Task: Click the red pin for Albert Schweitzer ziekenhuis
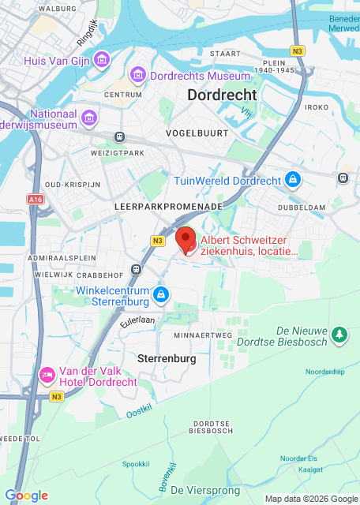pos(185,238)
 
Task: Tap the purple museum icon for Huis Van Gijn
pos(101,60)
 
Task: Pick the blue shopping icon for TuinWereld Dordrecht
pos(293,181)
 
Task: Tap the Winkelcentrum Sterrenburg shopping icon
pos(161,295)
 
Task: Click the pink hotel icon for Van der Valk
pos(47,373)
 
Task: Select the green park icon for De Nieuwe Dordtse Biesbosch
pos(339,335)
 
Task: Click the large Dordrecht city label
pos(222,95)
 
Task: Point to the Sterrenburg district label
pos(166,358)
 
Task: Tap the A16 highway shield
pos(36,200)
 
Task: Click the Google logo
pos(26,495)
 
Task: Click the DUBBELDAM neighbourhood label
pos(302,208)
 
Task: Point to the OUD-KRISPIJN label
pos(73,184)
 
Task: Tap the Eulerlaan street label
pos(137,321)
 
